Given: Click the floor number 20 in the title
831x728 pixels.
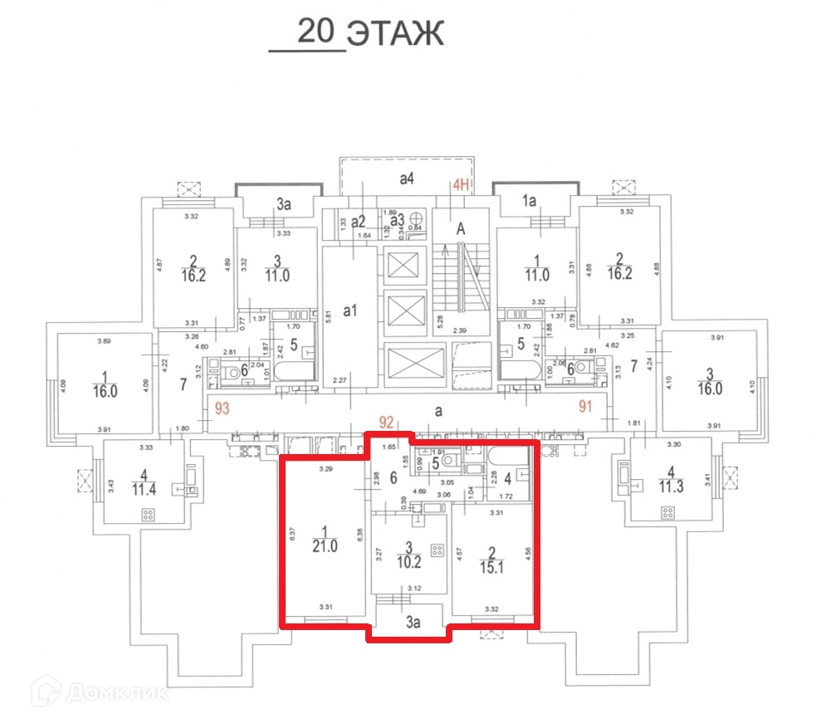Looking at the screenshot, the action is (316, 32).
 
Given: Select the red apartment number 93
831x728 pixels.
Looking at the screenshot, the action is (221, 407).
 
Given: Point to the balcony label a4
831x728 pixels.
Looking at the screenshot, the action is (408, 177).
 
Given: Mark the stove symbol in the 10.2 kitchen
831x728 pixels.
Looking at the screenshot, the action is (436, 549).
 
